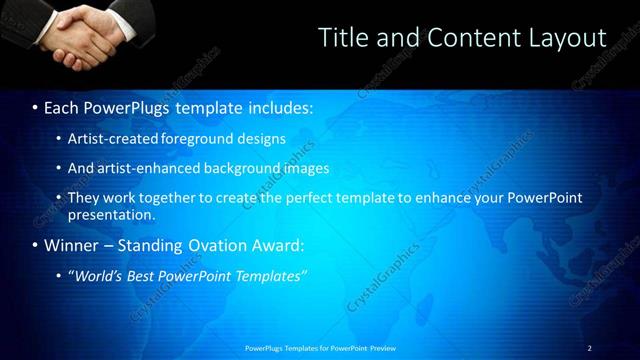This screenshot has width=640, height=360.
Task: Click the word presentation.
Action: [x=110, y=214]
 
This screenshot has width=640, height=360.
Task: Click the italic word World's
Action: [x=100, y=276]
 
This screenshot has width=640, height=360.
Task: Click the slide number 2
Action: [x=589, y=348]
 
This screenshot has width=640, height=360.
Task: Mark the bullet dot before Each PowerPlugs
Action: [x=35, y=106]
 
